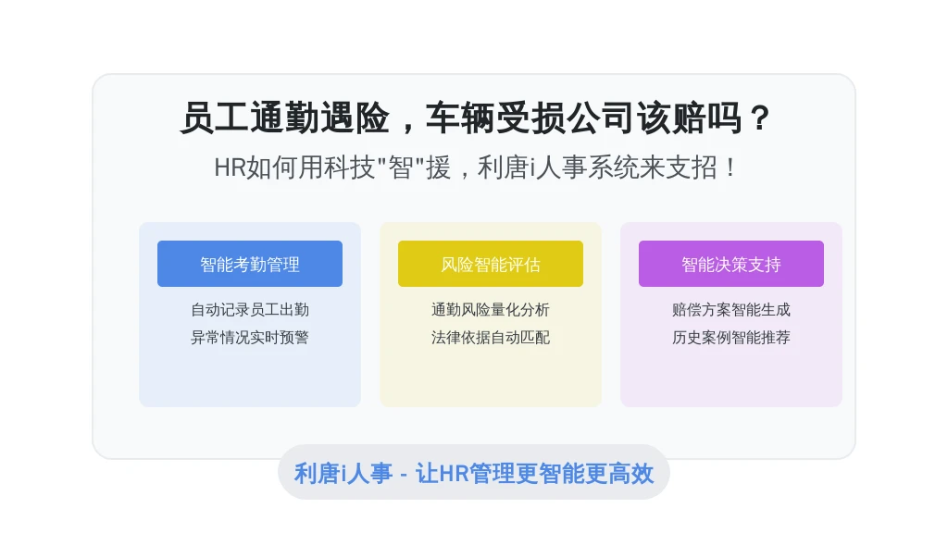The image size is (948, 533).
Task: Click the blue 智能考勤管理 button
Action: (250, 264)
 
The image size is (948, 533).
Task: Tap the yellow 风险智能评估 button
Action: (491, 264)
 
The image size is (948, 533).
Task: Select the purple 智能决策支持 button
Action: (731, 264)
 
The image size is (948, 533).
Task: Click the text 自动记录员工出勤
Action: (250, 310)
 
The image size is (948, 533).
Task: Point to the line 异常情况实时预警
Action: (250, 337)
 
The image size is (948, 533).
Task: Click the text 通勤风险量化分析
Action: (491, 310)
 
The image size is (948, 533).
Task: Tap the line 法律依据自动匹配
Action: (491, 337)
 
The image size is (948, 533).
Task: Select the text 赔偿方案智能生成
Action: (731, 310)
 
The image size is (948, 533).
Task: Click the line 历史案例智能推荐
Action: (731, 337)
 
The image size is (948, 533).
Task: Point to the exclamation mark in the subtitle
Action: (731, 167)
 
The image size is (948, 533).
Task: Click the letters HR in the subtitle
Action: (230, 167)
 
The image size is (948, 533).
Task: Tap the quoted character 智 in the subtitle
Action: (400, 167)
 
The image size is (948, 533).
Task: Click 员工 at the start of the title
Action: (215, 118)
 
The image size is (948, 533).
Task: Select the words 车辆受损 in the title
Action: (496, 118)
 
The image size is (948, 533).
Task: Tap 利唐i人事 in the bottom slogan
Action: (343, 473)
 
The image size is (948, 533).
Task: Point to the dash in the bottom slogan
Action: (404, 475)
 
